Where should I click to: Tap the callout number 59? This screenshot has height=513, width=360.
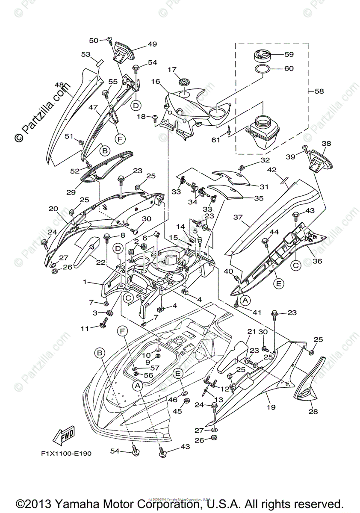coord(289,55)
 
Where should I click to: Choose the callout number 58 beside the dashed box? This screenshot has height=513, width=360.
coord(319,91)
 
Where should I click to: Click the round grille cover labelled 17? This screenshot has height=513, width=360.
coord(185,81)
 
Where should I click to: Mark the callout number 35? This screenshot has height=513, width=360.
coord(259,198)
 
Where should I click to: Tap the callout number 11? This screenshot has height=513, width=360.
coord(85,328)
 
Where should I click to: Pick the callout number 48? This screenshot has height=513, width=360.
coord(59,85)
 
